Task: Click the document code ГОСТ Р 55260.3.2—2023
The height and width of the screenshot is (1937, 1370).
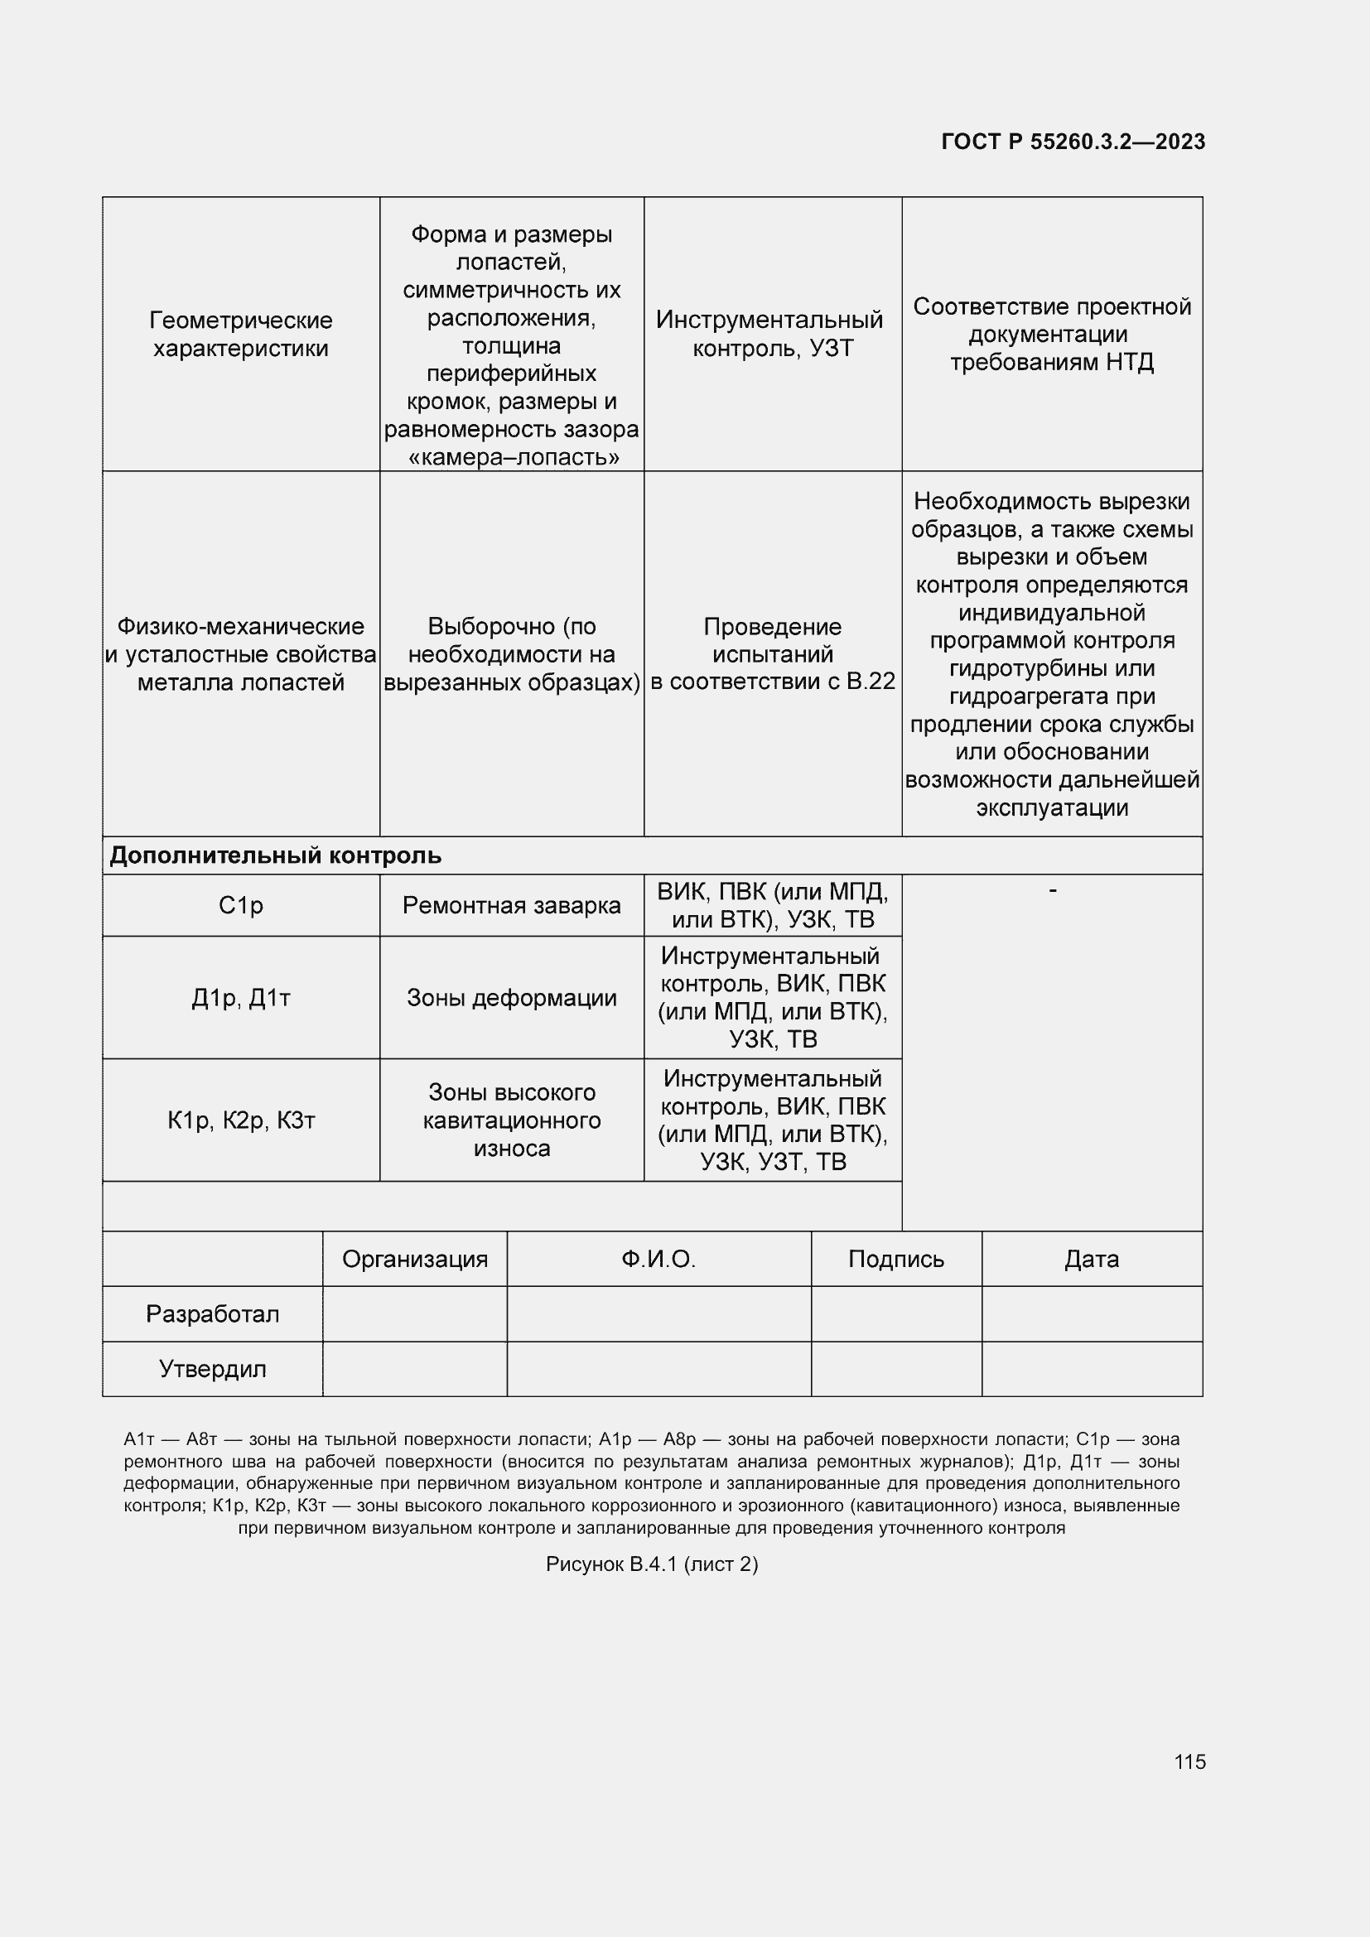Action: (1072, 142)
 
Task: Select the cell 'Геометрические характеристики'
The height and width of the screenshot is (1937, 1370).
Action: (240, 334)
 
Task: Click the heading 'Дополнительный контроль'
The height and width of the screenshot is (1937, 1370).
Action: (275, 855)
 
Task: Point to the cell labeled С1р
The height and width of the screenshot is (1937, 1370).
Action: (240, 905)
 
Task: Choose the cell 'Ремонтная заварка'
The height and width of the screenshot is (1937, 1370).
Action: (511, 905)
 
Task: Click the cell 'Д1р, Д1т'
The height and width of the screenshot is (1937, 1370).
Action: (240, 998)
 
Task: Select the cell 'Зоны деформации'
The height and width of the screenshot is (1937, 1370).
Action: (511, 998)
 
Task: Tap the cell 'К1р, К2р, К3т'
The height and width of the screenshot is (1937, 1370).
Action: (240, 1120)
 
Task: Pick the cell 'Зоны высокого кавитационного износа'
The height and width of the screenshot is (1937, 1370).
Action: (511, 1120)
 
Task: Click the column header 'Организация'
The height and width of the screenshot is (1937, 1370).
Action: (414, 1260)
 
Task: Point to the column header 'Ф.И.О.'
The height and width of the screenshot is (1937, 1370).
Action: (658, 1260)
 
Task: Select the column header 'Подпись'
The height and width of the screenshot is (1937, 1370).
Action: (896, 1260)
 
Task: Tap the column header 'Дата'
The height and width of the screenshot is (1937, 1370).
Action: (1092, 1260)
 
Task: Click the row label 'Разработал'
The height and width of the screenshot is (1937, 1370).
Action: (212, 1314)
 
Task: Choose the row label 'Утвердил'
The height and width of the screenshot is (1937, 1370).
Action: (212, 1369)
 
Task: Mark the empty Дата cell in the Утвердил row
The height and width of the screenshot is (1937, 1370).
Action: (1092, 1369)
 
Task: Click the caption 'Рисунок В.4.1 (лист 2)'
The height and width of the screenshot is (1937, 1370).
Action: (651, 1564)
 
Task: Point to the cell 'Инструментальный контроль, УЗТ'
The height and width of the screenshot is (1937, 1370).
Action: (772, 334)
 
